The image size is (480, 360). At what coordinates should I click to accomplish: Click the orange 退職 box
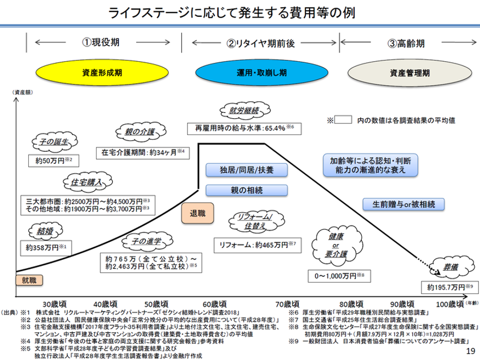(194, 214)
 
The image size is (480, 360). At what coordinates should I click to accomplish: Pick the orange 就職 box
(26, 280)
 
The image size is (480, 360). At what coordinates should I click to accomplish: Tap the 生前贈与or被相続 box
(403, 204)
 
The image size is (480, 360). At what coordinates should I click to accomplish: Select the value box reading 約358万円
(46, 248)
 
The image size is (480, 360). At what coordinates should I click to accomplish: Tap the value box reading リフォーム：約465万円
(257, 245)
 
